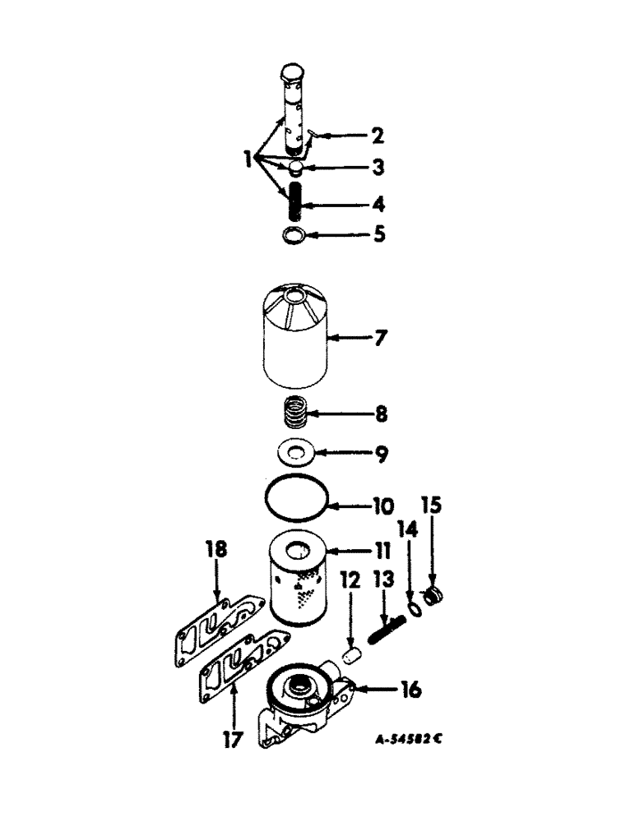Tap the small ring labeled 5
[290, 237]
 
